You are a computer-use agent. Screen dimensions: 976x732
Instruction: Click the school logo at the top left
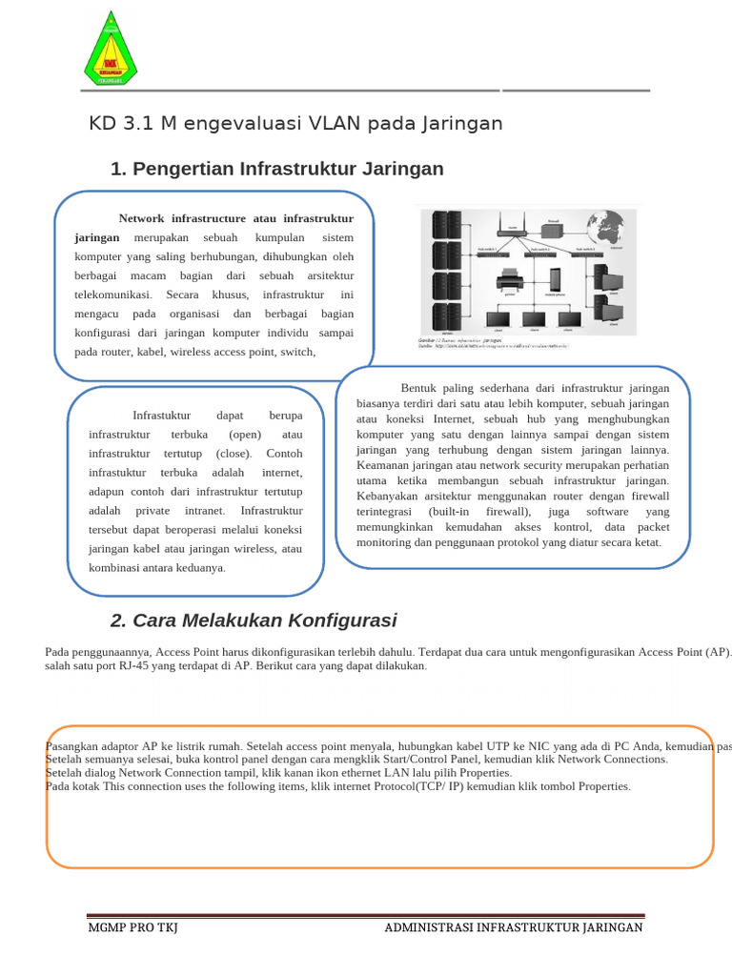tap(110, 48)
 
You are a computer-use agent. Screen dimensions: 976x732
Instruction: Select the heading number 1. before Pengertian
tap(119, 170)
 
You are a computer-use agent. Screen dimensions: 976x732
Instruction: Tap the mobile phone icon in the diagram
tap(553, 279)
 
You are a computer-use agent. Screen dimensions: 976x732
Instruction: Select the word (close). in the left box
tap(233, 454)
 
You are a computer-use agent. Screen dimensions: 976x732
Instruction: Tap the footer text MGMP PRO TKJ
tap(132, 927)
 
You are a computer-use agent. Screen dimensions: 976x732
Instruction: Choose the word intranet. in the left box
tap(205, 511)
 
